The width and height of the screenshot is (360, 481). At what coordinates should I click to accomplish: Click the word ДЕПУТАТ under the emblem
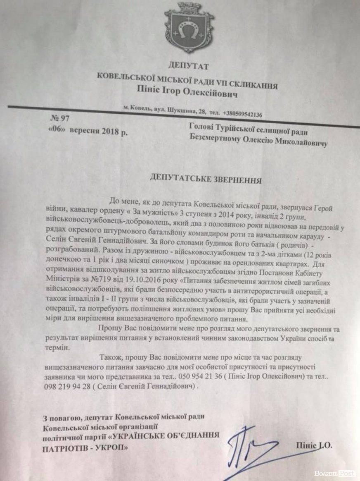189,66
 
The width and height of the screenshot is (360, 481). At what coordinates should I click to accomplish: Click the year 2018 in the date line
109,132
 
